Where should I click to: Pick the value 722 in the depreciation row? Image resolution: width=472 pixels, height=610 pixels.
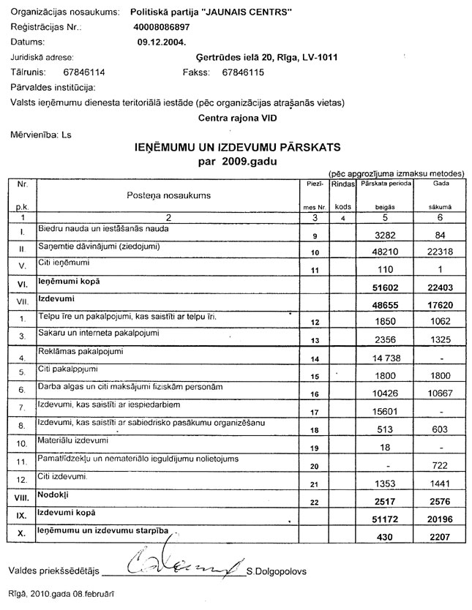point(438,465)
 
